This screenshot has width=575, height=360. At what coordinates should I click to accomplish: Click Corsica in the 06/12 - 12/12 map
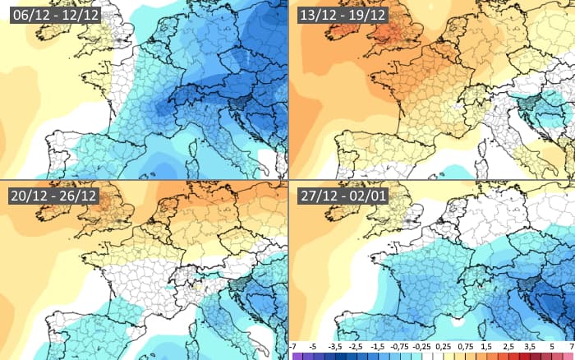click(195, 150)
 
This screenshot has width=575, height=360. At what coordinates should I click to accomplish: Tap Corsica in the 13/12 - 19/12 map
click(485, 150)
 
